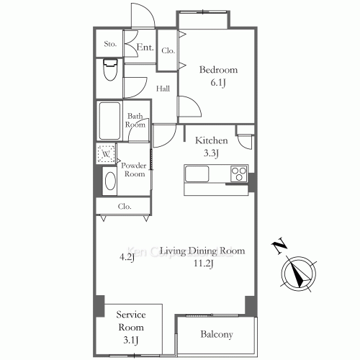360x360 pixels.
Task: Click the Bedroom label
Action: coord(217,70)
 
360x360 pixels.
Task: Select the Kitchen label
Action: coord(212,140)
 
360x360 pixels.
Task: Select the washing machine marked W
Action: coord(105,154)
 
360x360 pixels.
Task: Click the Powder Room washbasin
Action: coord(109,181)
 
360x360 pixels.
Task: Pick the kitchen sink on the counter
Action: coord(197,174)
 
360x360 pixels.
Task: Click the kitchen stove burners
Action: coord(238,174)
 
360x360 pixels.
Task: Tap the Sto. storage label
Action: coord(109,45)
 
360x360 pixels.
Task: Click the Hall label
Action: coord(163,89)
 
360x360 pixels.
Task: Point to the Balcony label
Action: coord(217,335)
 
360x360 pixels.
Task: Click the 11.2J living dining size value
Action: coord(202,264)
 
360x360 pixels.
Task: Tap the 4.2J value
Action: coord(127,256)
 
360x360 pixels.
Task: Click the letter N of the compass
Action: coord(277,248)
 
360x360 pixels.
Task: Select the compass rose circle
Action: coord(297,274)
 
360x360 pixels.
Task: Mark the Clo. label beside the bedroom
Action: coord(168,51)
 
